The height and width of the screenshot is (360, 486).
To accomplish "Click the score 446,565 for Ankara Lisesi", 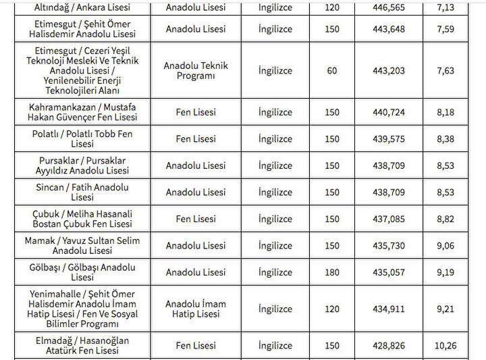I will coord(389,8).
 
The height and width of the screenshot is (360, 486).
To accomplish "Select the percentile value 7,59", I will coord(445,29).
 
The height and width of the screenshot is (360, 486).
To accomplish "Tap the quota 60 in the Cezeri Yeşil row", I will coord(332,71).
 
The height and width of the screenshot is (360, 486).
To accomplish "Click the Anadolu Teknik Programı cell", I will coord(196,71).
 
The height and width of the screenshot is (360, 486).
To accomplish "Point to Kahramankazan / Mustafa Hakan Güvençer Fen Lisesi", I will coord(82,112).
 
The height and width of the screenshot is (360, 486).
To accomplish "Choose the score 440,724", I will coord(389,112).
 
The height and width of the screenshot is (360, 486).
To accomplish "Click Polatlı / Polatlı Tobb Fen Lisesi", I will coord(82,138).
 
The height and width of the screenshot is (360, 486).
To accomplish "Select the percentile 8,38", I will coord(445,138).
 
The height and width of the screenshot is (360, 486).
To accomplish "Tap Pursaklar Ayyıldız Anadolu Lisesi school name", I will coord(82,165).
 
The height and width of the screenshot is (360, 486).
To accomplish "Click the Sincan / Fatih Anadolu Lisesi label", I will coord(82,192).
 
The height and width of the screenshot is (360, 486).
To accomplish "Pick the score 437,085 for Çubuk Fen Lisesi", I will coord(389,219).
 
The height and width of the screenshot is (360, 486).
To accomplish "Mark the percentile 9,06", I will coord(445,246).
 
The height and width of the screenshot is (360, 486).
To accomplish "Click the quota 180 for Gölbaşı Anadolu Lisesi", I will coord(332,272).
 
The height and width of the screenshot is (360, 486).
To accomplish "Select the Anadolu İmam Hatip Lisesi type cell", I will coord(196,309).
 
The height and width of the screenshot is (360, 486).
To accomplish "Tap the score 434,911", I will coord(389,309).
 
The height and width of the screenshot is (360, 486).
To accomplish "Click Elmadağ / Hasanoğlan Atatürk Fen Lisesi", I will coord(82,345).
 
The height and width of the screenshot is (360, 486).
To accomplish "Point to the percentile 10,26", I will coord(445,345).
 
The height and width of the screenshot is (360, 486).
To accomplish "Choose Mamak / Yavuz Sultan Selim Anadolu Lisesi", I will coord(82,246).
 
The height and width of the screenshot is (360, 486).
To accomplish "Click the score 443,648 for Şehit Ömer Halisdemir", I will coord(389,29).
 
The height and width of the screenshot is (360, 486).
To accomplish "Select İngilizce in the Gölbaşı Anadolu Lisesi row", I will coord(275,272).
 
